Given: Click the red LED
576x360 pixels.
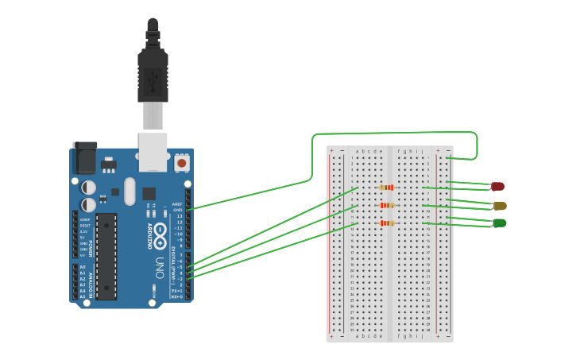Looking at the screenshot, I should pyautogui.click(x=498, y=186).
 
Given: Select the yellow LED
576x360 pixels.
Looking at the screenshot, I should pyautogui.click(x=500, y=206).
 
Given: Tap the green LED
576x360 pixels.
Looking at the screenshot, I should pyautogui.click(x=500, y=223).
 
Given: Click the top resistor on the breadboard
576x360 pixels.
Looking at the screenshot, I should pyautogui.click(x=387, y=188).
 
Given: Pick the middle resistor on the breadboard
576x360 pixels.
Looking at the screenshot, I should pyautogui.click(x=387, y=206).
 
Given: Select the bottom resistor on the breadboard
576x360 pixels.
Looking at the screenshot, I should pyautogui.click(x=387, y=223).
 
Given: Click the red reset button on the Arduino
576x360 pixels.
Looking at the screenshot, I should pyautogui.click(x=182, y=163).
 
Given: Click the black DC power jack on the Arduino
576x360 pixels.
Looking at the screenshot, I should pyautogui.click(x=83, y=159).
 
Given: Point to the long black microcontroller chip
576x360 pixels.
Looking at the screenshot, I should pyautogui.click(x=106, y=256).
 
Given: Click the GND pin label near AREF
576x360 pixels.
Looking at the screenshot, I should pyautogui.click(x=178, y=210).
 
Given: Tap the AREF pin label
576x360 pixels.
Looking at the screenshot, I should pyautogui.click(x=178, y=204).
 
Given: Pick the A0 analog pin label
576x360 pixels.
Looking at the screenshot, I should pyautogui.click(x=82, y=267).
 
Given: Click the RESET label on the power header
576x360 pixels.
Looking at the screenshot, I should pyautogui.click(x=83, y=226).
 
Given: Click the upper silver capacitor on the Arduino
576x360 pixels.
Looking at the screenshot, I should pyautogui.click(x=89, y=188).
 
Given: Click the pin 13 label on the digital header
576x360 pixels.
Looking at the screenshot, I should pyautogui.click(x=179, y=216).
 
